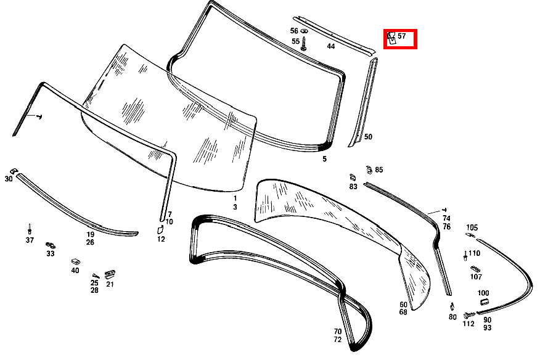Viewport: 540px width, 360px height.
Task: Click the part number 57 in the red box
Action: (401, 36)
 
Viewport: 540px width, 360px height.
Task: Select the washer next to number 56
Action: (304, 31)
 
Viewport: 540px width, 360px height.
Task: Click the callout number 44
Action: (330, 46)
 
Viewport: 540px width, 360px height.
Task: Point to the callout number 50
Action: (368, 137)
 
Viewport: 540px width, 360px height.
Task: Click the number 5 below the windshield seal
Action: (324, 159)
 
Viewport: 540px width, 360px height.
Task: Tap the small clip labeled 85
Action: (369, 170)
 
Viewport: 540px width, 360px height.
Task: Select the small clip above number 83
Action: (353, 178)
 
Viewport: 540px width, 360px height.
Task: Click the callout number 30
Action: (9, 179)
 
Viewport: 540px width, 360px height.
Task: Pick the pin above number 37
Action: (30, 229)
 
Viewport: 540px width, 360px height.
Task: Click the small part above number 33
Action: (51, 245)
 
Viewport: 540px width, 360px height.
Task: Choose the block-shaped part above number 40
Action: (75, 261)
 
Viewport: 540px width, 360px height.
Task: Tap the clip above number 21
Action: (110, 274)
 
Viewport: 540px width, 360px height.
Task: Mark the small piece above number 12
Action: (160, 229)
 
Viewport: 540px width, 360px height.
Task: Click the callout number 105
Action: (472, 227)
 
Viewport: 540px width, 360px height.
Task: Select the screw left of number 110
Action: (465, 256)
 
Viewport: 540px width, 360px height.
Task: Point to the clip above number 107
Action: (475, 269)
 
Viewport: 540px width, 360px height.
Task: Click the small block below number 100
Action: (484, 302)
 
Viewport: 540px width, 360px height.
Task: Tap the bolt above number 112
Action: (468, 315)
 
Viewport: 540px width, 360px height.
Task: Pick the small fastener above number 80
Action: (452, 306)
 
